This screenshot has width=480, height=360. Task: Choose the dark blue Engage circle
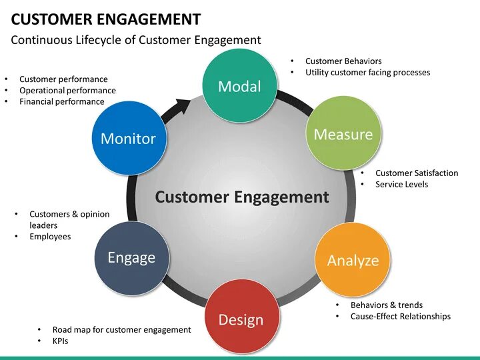point(131,257)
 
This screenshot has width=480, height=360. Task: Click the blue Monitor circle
point(128,137)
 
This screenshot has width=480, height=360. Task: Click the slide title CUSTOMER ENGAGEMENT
point(106,19)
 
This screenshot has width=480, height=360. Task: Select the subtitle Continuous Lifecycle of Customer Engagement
point(136,40)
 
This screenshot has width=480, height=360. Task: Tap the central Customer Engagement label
point(241,197)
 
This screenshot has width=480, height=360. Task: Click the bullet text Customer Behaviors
point(343,61)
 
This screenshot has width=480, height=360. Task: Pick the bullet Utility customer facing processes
point(367,72)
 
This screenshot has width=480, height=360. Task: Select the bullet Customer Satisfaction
point(417,173)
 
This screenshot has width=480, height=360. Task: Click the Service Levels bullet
point(401,184)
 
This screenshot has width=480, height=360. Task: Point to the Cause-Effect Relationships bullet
point(400,316)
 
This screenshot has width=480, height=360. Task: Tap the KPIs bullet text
point(60,341)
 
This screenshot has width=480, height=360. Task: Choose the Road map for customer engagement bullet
point(121,330)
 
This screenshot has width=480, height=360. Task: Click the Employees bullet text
point(50,237)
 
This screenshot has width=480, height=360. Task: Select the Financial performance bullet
point(61,102)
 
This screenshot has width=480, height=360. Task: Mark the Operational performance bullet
point(67,91)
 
